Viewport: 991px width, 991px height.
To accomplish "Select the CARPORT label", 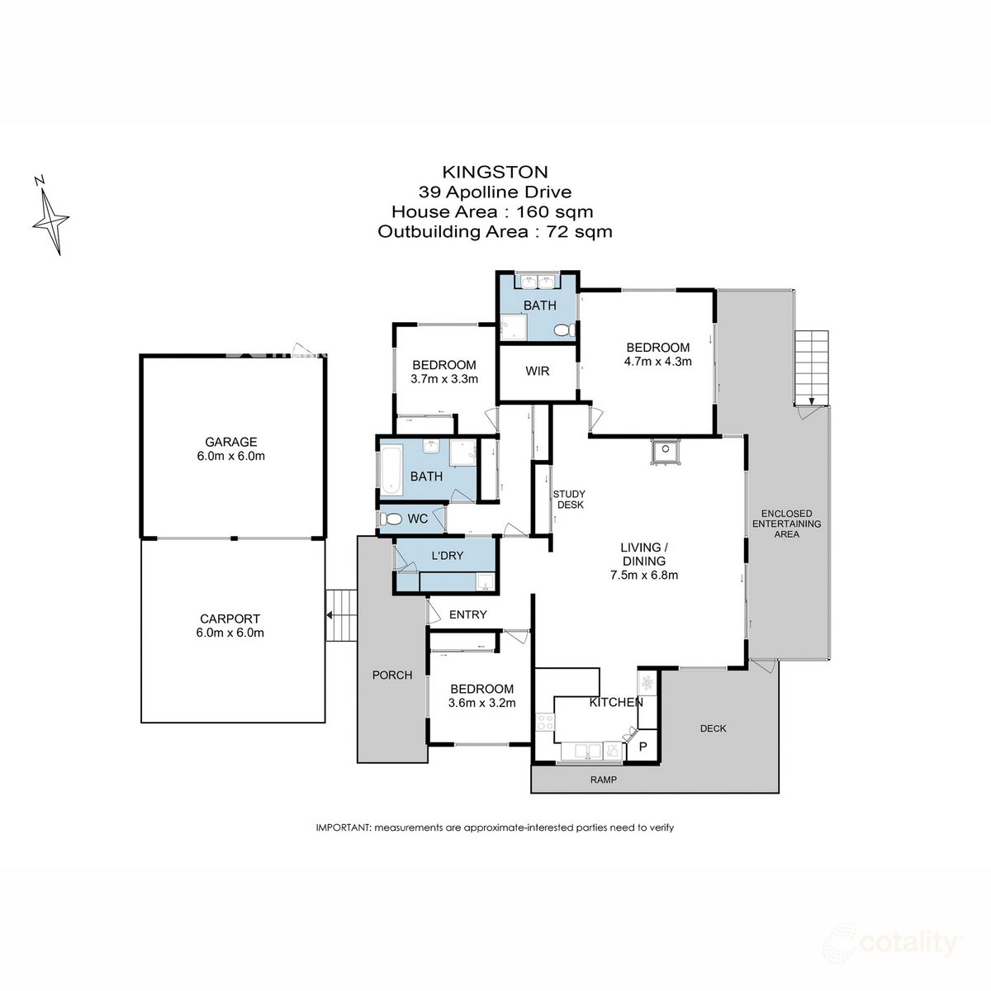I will click(x=230, y=619).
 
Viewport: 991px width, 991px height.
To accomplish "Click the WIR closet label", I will click(x=538, y=371).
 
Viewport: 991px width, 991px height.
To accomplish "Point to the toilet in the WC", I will click(x=389, y=519).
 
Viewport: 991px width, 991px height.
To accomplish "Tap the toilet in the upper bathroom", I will click(x=562, y=330).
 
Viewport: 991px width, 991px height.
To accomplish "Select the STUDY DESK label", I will click(x=569, y=499).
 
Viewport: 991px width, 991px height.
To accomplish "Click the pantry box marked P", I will click(x=644, y=747).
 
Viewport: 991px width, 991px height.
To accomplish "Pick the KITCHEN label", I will click(x=615, y=702).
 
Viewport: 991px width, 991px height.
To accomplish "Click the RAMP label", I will click(x=603, y=780).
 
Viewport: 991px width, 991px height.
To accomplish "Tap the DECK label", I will click(x=713, y=728).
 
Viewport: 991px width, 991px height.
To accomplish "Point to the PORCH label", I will click(x=392, y=675).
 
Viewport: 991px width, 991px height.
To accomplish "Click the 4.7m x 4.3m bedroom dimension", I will click(x=657, y=361).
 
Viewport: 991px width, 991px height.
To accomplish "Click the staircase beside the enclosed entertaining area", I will click(x=811, y=367).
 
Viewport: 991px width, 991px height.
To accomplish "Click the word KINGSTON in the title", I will click(x=495, y=172).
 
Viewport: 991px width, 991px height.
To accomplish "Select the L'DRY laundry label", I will click(x=447, y=556).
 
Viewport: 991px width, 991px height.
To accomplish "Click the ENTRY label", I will click(x=467, y=614).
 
